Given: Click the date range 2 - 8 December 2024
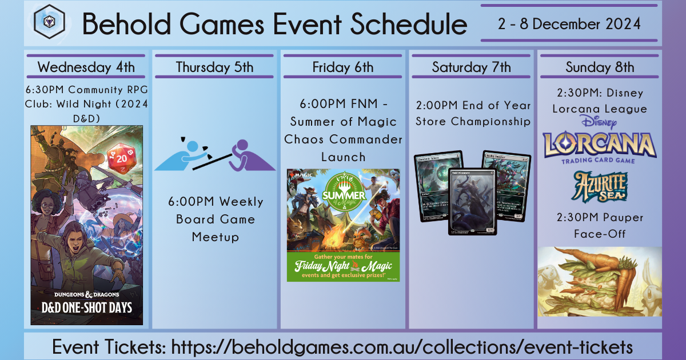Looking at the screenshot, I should point(569,24).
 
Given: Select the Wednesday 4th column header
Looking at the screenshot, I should point(86,67).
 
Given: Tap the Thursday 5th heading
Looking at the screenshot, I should point(214,67).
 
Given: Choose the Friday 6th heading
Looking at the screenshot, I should point(343,67).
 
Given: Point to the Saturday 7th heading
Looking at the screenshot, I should point(471,67).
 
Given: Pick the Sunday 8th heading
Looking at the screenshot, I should point(600,67).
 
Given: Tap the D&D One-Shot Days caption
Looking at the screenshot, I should point(87,307).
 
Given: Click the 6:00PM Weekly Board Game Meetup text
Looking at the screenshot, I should point(216,219).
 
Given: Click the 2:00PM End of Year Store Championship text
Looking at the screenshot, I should point(473,113).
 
